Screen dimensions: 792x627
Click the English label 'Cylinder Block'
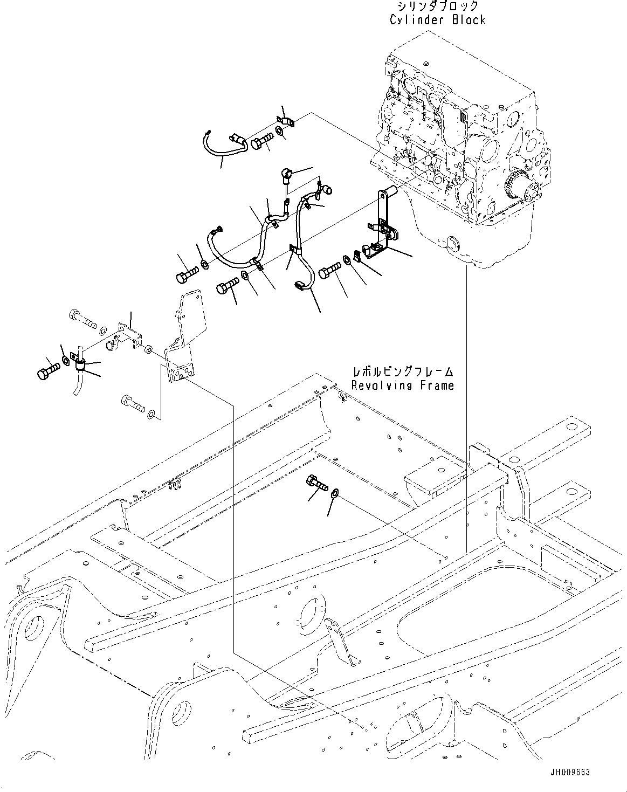click(438, 20)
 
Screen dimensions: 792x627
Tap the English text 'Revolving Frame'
click(402, 385)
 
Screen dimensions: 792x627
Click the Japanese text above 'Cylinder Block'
click(438, 6)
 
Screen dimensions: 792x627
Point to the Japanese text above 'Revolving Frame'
click(402, 372)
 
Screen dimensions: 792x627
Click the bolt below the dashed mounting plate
click(133, 402)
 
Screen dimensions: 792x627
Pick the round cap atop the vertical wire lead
click(286, 174)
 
